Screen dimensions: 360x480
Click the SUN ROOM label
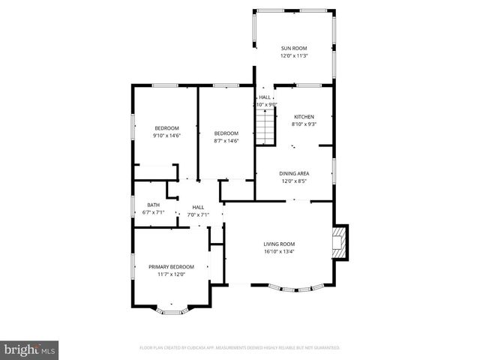[x=293, y=48]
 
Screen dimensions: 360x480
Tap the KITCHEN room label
[x=304, y=116]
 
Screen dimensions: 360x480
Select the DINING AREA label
[x=295, y=173]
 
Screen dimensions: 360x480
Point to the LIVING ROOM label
[x=279, y=244]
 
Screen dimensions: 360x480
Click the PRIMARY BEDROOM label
[x=171, y=267]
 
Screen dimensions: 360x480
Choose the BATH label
[x=153, y=205]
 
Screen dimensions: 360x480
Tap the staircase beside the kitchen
[x=264, y=133]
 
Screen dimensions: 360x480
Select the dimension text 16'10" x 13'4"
[x=279, y=251]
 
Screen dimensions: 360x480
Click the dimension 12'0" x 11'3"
[x=293, y=55]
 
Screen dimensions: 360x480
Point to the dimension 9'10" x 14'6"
[x=166, y=135]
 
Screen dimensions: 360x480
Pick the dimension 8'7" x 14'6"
[x=226, y=141]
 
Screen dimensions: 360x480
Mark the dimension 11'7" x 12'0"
[x=171, y=274]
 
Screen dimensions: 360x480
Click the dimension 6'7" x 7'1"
[x=153, y=213]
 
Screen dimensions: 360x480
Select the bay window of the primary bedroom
[x=173, y=308]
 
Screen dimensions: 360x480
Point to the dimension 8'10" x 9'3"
[x=304, y=124]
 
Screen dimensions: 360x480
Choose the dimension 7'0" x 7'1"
[x=198, y=215]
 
